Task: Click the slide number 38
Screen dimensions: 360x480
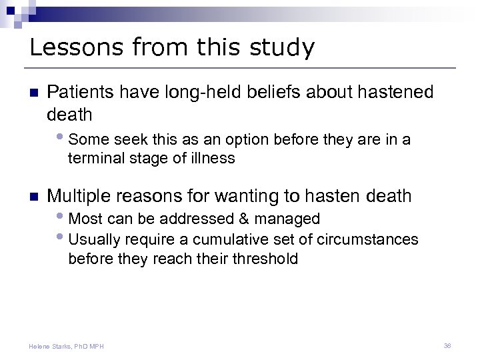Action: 447,345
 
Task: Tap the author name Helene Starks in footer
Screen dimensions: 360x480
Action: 52,346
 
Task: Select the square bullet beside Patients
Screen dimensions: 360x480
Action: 35,93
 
